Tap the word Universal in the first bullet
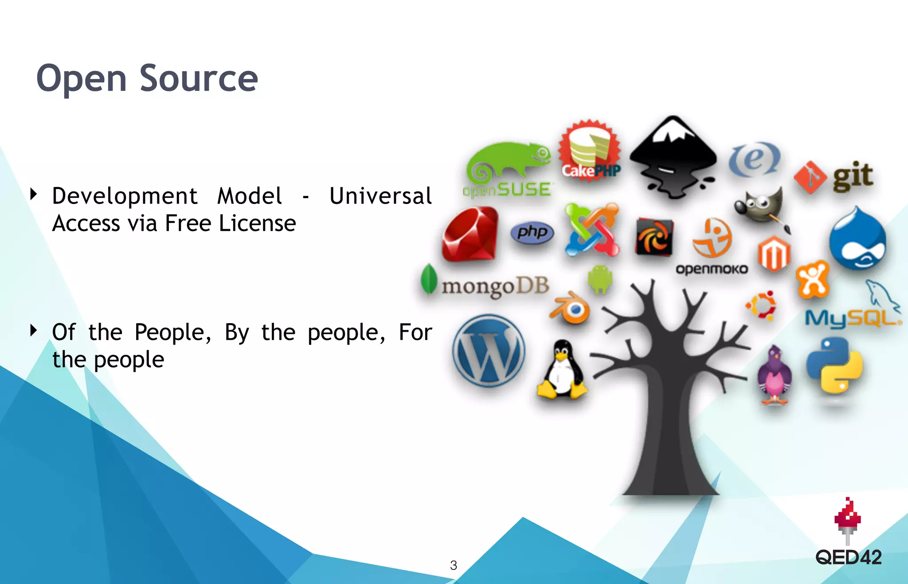coord(380,196)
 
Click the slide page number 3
coord(453,565)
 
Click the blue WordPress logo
coord(489,350)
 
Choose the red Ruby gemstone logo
coord(470,234)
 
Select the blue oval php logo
coord(532,232)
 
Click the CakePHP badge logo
coord(590,151)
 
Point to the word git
coord(853,176)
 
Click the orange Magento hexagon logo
coord(774,254)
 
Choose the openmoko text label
coord(711,269)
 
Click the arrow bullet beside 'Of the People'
coord(33,330)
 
